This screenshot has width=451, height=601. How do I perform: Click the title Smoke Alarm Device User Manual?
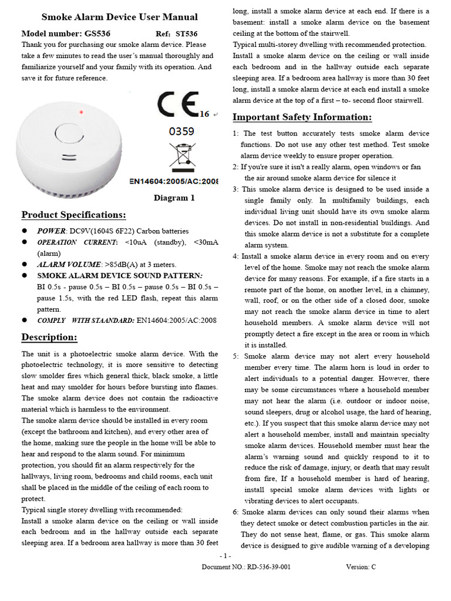click(x=120, y=17)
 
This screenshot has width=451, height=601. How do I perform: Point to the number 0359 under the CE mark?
click(x=181, y=131)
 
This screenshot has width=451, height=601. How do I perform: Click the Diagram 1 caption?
click(x=174, y=198)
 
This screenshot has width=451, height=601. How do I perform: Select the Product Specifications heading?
click(x=73, y=215)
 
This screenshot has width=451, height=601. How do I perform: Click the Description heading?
click(x=49, y=337)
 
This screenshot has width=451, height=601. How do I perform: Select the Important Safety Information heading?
click(x=302, y=117)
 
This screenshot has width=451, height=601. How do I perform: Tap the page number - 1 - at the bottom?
click(x=225, y=555)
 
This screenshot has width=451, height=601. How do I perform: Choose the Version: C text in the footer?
click(x=361, y=567)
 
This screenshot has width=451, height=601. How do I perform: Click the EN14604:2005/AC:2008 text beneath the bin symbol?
click(x=174, y=182)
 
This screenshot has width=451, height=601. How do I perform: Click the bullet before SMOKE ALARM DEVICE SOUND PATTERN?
click(x=25, y=275)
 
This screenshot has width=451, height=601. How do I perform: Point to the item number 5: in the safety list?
click(x=235, y=356)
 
